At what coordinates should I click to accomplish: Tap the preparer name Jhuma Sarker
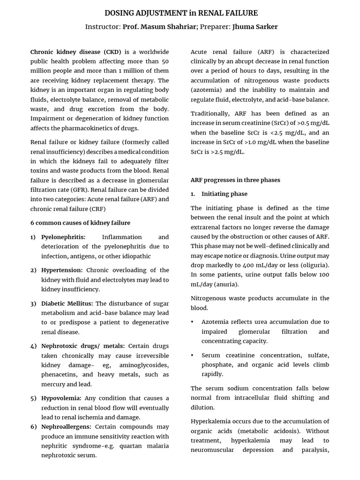pos(255,27)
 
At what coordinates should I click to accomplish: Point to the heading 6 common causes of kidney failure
pos(80,223)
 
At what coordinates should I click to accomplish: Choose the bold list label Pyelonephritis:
pos(63,237)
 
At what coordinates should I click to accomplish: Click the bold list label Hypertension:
pos(62,270)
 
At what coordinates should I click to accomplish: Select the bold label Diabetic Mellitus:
pos(67,303)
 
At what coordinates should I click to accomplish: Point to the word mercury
pos(52,384)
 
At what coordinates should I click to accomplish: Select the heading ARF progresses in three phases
pos(235,180)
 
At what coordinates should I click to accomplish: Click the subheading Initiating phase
pos(225,194)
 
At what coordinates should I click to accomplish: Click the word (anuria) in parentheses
pos(226,284)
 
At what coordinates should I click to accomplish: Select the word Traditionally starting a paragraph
pos(210,113)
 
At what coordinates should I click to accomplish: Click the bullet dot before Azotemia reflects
pos(193,322)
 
